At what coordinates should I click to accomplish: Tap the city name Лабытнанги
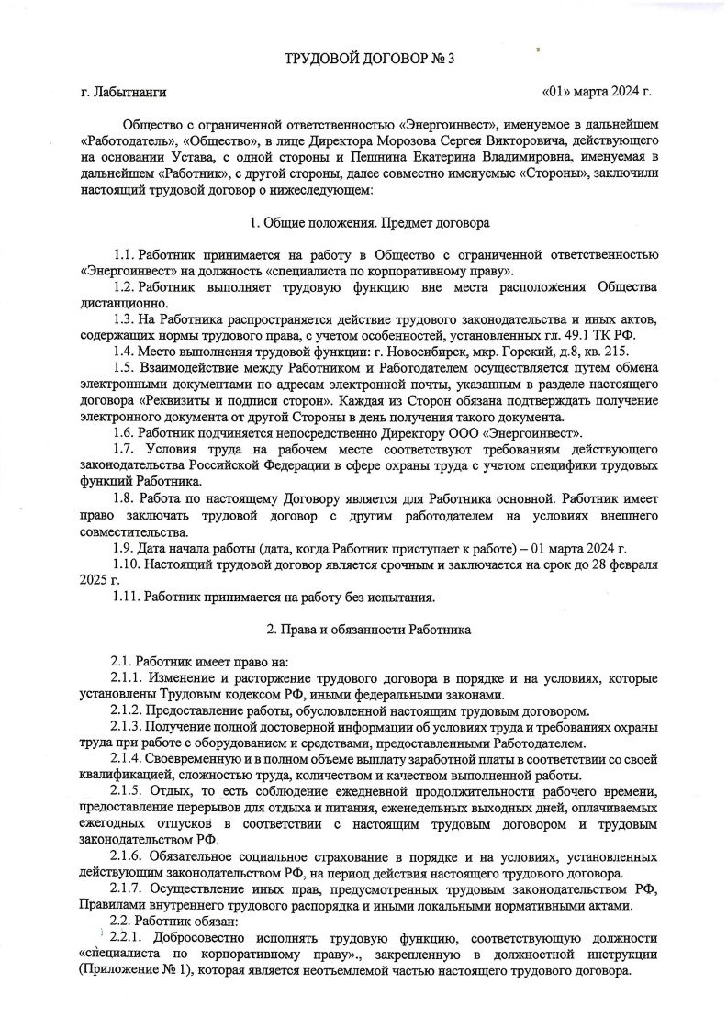pyautogui.click(x=129, y=94)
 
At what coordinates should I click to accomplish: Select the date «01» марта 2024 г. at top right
pyautogui.click(x=597, y=94)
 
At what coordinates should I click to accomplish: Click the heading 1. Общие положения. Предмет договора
pyautogui.click(x=369, y=223)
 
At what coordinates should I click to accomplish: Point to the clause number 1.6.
pyautogui.click(x=124, y=433)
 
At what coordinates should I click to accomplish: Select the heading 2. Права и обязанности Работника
pyautogui.click(x=368, y=631)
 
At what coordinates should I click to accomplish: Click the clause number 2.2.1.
pyautogui.click(x=128, y=938)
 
